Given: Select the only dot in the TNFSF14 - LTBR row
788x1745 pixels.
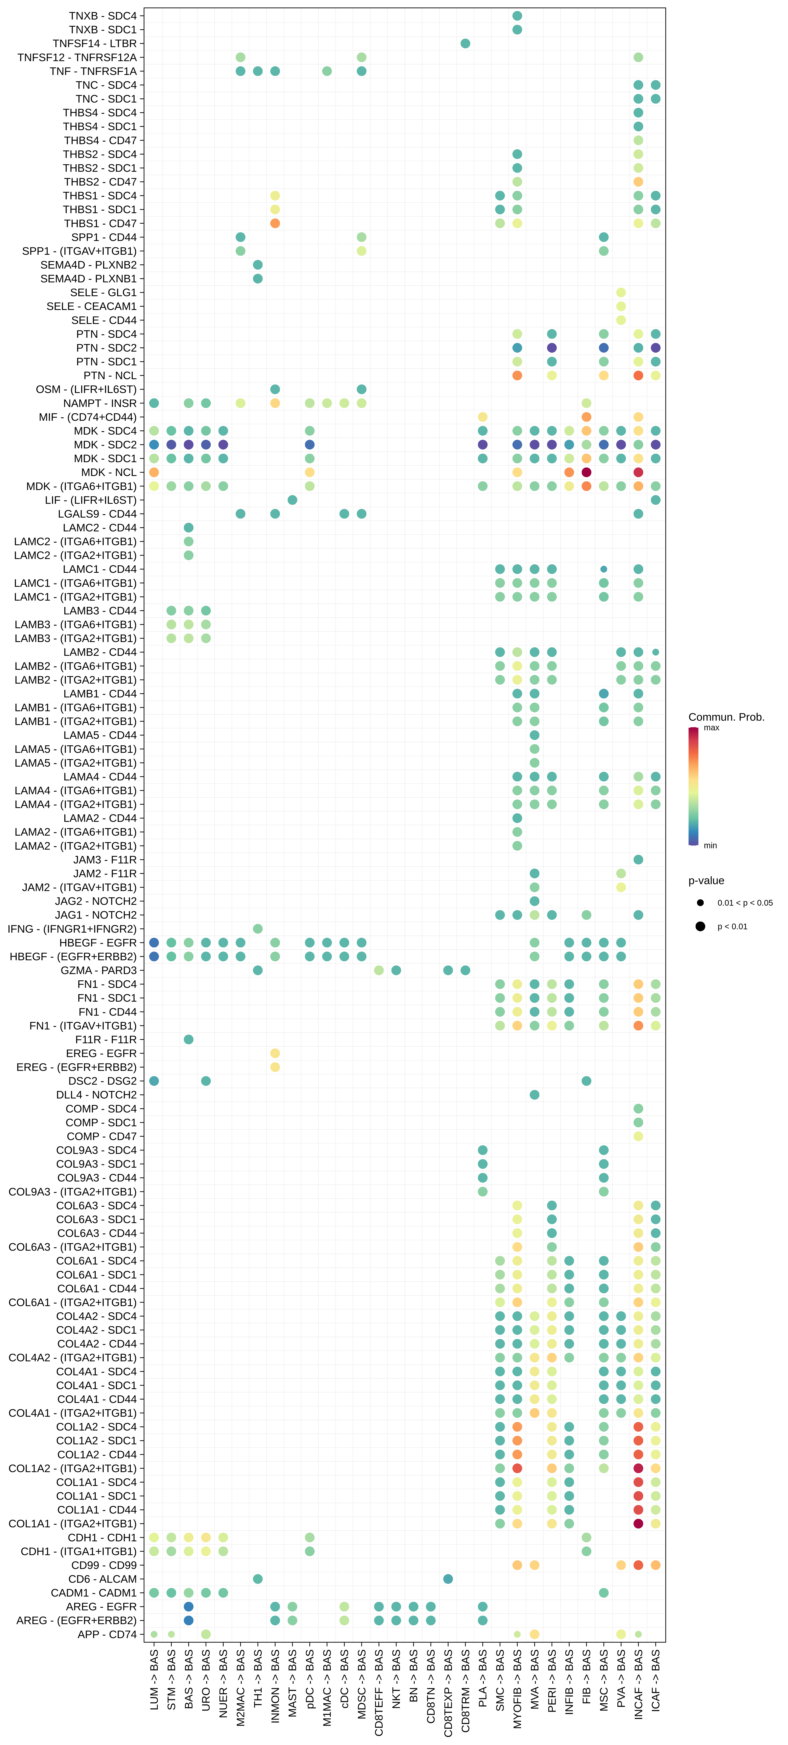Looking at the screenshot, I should point(465,43).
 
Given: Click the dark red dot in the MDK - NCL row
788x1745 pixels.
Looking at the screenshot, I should point(586,472).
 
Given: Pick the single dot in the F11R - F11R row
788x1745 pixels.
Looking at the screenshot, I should point(189,1039).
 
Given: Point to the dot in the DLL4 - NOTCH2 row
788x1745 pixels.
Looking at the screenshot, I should point(534,1095).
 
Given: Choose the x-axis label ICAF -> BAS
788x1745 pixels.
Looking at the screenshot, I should point(655,1680).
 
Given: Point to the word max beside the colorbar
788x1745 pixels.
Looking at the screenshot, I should point(712,728).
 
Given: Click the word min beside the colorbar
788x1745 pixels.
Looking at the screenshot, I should point(710,845).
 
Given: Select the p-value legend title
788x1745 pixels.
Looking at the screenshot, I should point(706,881).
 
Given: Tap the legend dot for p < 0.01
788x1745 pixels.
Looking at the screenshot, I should point(700,926).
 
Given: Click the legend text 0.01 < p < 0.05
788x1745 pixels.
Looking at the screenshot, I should point(745,903).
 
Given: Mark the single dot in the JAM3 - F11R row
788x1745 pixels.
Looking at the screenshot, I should point(638,860).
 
